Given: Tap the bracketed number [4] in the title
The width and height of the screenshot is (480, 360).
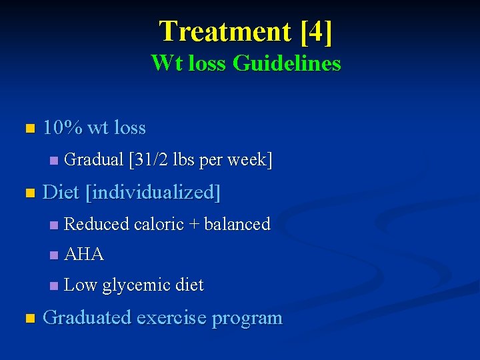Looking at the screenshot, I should point(316,31).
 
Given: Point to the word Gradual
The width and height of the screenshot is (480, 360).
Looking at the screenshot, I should point(94,160).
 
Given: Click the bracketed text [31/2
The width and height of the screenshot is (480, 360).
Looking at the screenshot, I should point(149,160).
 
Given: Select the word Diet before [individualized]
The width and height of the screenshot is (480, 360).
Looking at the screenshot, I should point(61,193).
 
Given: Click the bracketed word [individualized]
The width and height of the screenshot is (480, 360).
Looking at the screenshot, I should point(153,193).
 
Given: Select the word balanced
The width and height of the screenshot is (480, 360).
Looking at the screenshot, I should point(237,224).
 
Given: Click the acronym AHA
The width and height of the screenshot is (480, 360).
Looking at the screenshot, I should point(84,254).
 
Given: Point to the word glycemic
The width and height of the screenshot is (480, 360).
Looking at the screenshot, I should point(135,285).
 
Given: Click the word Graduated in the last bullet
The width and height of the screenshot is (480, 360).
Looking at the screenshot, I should point(87,317).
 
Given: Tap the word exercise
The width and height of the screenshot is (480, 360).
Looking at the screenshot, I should point(171,317).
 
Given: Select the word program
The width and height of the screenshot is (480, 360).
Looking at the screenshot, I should point(247,319).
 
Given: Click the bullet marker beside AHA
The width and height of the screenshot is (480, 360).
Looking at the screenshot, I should point(54,255).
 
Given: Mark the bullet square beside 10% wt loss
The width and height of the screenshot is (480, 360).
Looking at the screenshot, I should point(29,128).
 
